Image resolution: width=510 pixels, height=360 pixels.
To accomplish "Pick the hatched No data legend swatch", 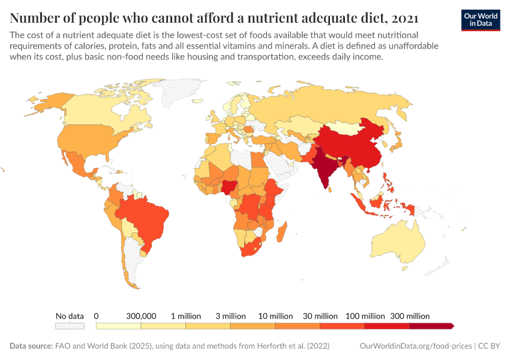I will (x=70, y=326).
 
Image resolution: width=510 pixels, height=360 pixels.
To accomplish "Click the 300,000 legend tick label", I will (x=141, y=316).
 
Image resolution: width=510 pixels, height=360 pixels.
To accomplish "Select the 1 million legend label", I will (x=186, y=316).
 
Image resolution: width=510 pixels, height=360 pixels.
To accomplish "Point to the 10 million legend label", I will (x=276, y=316).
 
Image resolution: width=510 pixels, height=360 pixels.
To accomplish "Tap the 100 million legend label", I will (x=365, y=316).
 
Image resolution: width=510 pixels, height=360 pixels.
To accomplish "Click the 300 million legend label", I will (x=410, y=316).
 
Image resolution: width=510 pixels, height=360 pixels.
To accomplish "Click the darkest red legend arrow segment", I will (x=431, y=326).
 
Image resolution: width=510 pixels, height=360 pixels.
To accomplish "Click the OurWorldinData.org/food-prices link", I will (x=416, y=346).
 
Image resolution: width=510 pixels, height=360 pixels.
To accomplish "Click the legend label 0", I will (x=96, y=316).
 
